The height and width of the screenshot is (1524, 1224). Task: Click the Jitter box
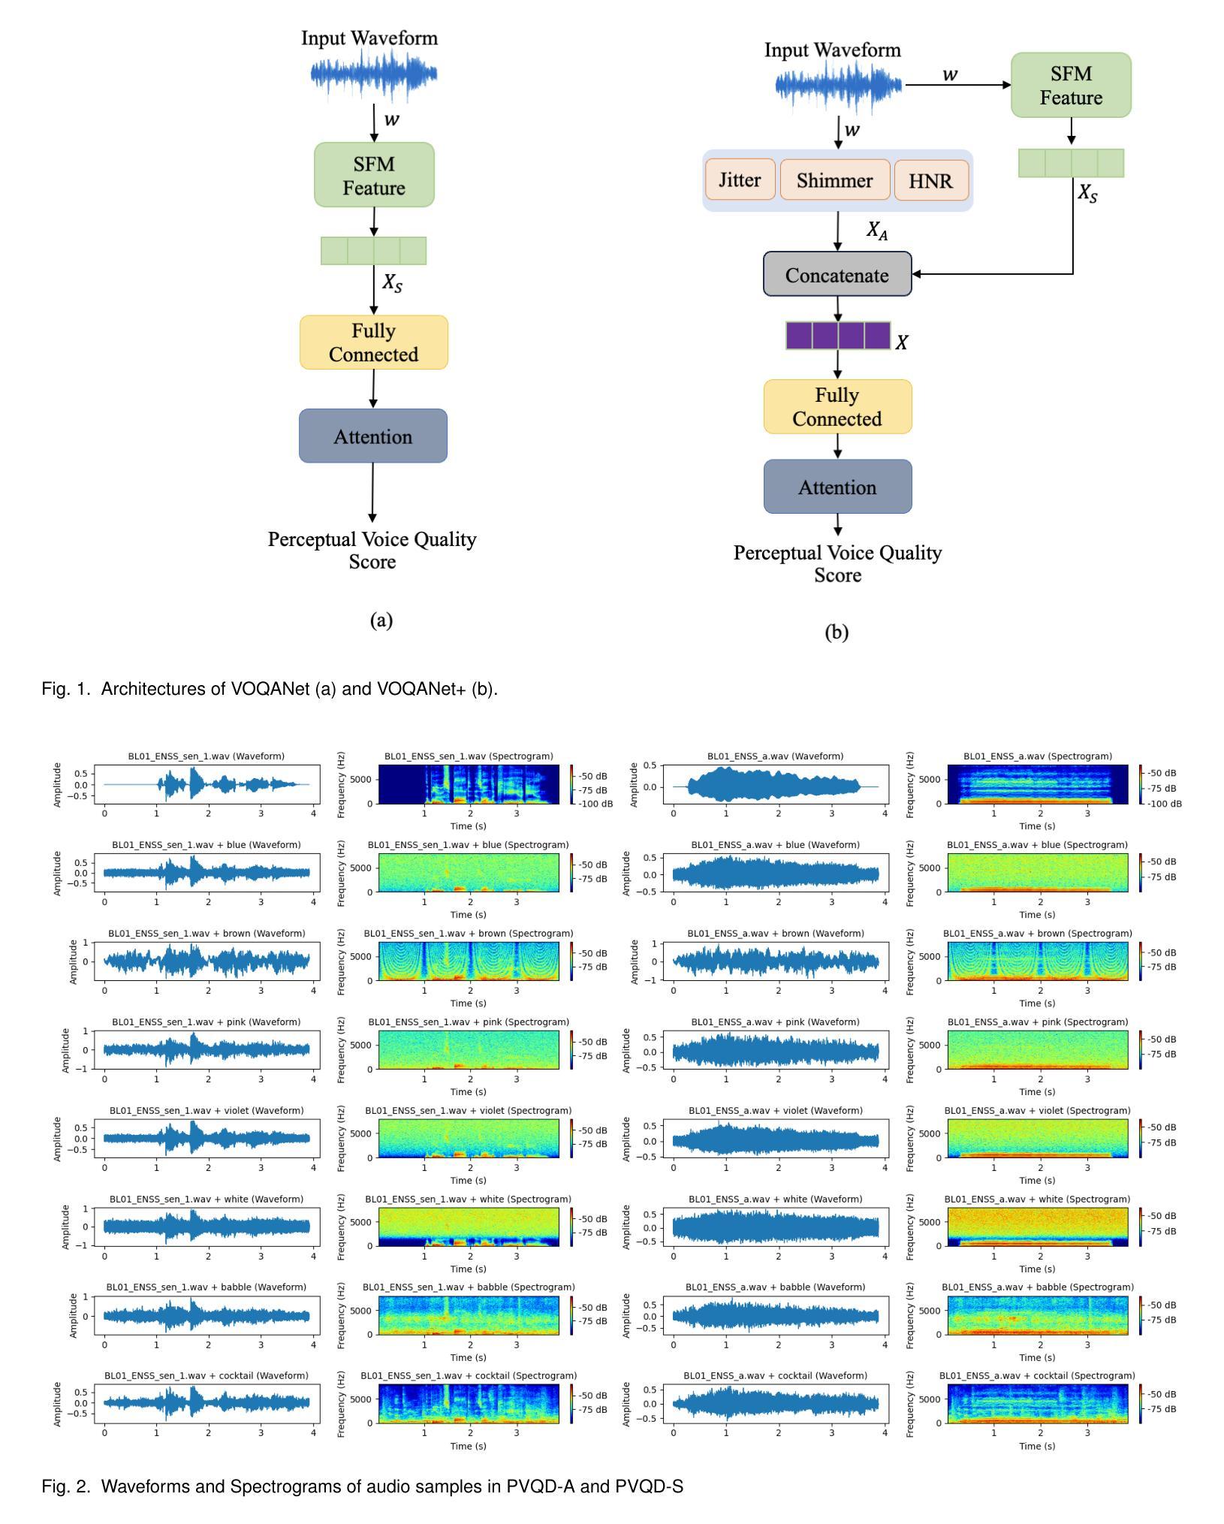coord(740,180)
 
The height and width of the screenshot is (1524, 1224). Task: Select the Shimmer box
coord(835,180)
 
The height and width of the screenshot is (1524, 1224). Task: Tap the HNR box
coord(931,180)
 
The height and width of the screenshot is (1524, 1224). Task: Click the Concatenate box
coord(837,274)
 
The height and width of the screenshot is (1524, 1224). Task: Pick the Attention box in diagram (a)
coord(373,436)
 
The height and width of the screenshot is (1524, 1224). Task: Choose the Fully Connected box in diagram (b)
coord(838,406)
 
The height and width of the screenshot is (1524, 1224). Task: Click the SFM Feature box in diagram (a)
coord(374,175)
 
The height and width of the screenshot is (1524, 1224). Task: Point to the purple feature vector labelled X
coord(838,336)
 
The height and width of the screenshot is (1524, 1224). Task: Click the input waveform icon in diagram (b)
coord(838,84)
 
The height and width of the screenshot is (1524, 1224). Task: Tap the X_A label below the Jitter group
coord(877,231)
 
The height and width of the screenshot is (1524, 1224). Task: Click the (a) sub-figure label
coord(381,620)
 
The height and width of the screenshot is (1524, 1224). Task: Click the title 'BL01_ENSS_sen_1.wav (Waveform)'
coord(207,756)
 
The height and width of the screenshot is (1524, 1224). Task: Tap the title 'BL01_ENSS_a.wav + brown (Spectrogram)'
coord(1038,933)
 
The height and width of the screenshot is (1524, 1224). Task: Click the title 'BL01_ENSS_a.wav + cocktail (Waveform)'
coord(775,1375)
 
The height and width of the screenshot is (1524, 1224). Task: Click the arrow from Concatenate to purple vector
coord(838,309)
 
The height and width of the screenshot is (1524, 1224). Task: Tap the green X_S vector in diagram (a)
coord(374,251)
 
